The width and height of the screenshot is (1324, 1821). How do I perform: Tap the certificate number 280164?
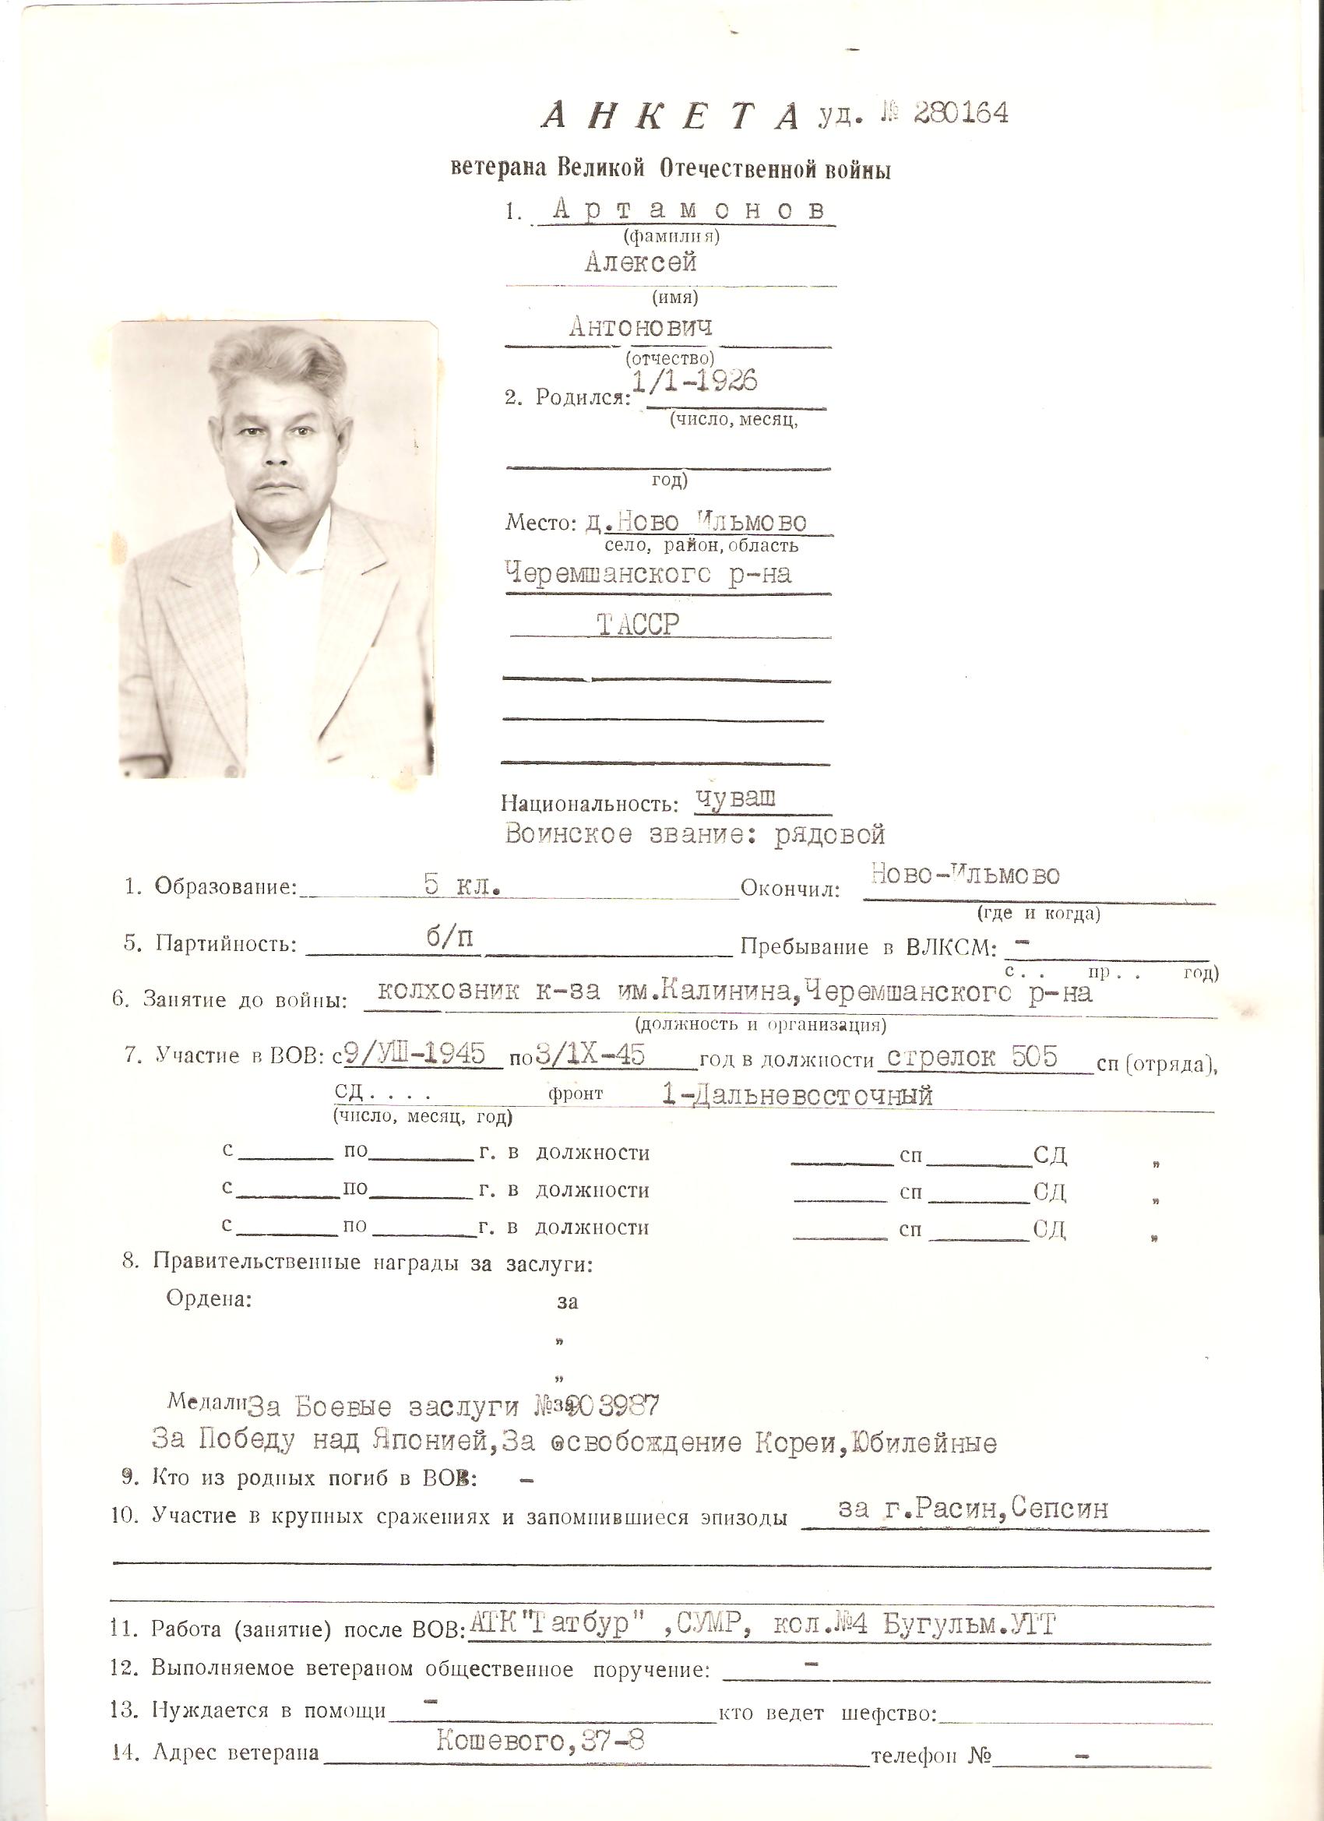tap(960, 113)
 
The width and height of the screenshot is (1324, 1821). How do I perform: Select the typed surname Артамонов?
tap(688, 210)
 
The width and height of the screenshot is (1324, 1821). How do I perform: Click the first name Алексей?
tap(640, 262)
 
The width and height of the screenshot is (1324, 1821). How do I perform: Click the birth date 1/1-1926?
tap(695, 382)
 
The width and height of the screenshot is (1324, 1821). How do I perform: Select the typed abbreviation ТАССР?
tap(639, 625)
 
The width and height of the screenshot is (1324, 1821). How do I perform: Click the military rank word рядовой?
tap(829, 835)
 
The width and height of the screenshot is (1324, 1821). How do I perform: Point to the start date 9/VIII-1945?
tap(417, 1055)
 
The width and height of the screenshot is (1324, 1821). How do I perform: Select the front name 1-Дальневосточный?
tap(798, 1095)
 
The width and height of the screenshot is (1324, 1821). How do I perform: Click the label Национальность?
tap(586, 804)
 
